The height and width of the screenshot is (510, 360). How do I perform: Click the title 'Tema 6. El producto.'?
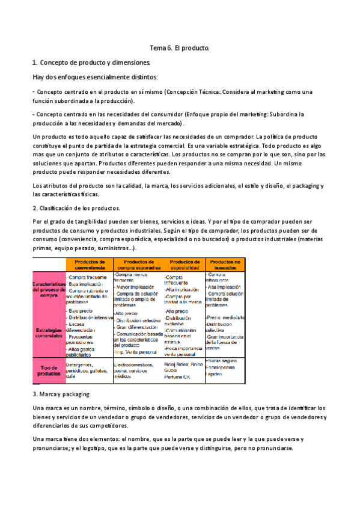[179, 47]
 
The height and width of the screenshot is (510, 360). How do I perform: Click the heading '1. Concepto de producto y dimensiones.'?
[91, 62]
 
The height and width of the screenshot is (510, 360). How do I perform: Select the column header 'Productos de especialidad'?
[184, 265]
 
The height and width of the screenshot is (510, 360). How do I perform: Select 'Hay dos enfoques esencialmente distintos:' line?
[95, 77]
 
